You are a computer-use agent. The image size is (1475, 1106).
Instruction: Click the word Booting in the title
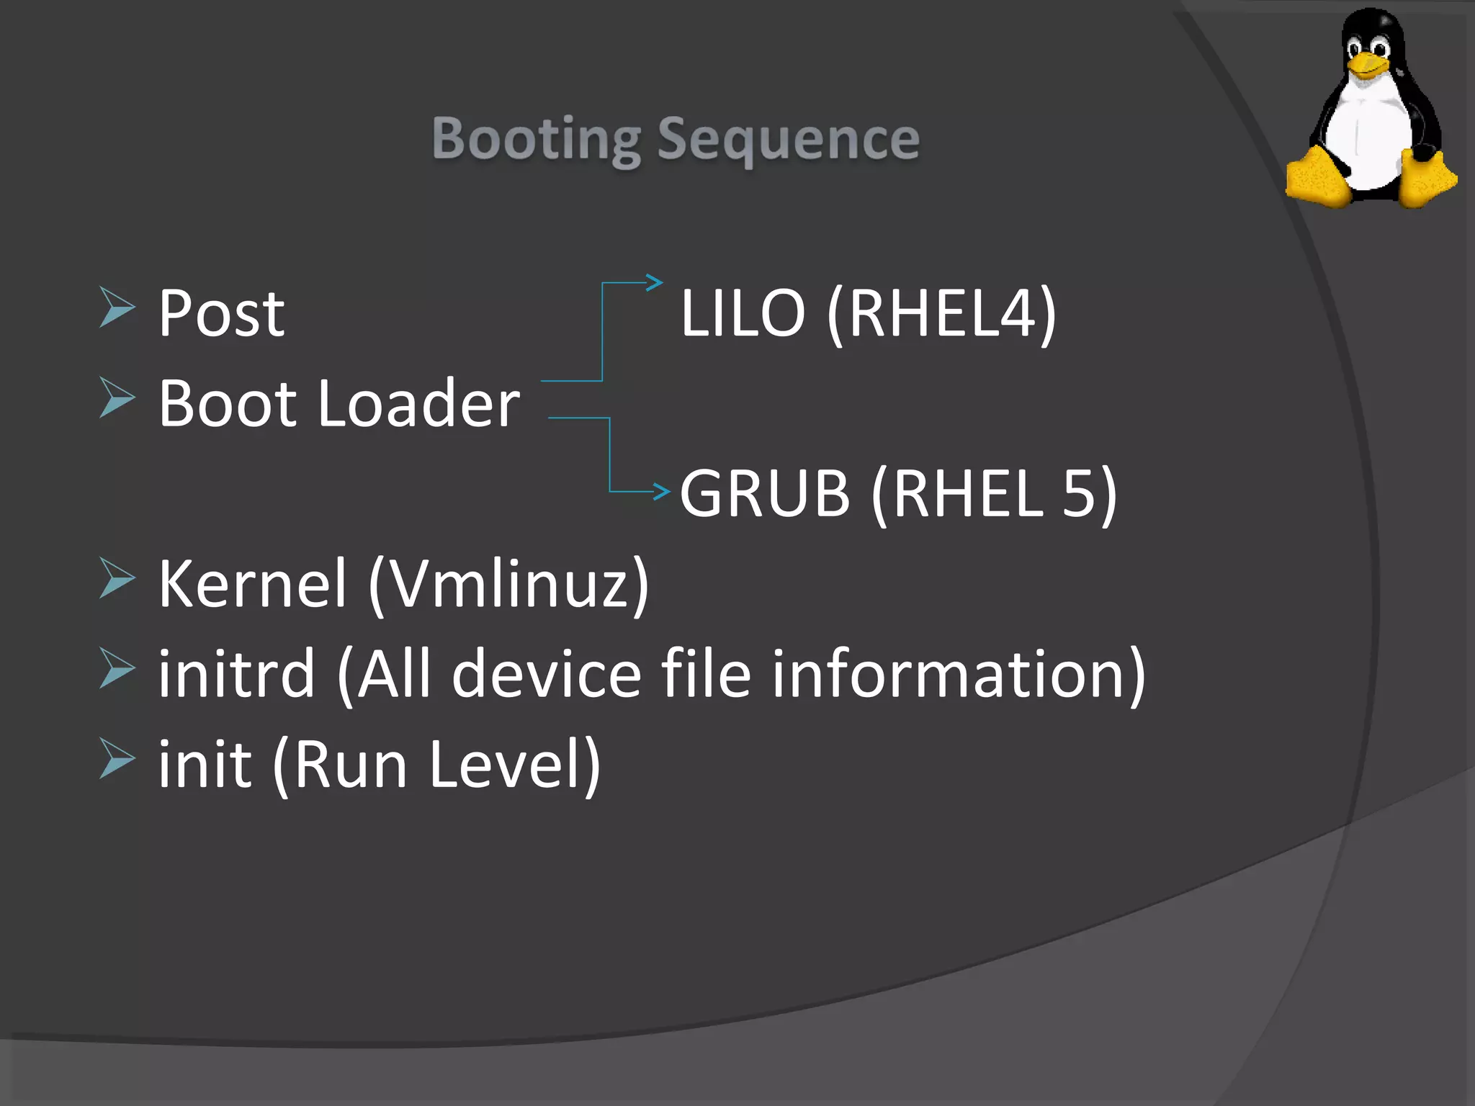click(536, 139)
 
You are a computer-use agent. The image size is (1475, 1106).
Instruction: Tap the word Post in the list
click(221, 313)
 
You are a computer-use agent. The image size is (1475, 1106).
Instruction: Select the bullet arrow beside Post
click(117, 307)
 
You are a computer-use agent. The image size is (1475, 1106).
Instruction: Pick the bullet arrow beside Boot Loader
click(117, 397)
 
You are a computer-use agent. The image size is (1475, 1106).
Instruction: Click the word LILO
click(743, 313)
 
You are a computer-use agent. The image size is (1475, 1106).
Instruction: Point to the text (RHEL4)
click(941, 313)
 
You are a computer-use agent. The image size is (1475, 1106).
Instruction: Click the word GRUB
click(765, 493)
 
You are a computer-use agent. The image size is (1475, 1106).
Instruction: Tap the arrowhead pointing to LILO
click(654, 282)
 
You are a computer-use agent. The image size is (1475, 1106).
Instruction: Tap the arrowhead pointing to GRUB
click(661, 492)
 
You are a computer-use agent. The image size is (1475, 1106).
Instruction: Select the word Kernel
click(253, 583)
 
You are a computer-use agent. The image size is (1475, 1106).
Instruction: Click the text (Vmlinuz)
click(509, 583)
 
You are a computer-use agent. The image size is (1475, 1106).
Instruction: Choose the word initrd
click(237, 674)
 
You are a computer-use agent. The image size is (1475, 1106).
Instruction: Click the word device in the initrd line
click(547, 674)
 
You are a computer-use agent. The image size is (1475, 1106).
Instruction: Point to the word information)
click(959, 674)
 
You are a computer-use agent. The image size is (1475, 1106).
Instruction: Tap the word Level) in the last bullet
click(514, 765)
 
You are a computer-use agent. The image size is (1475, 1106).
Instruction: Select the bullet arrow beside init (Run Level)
click(117, 758)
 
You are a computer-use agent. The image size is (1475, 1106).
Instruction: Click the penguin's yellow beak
click(1366, 67)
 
